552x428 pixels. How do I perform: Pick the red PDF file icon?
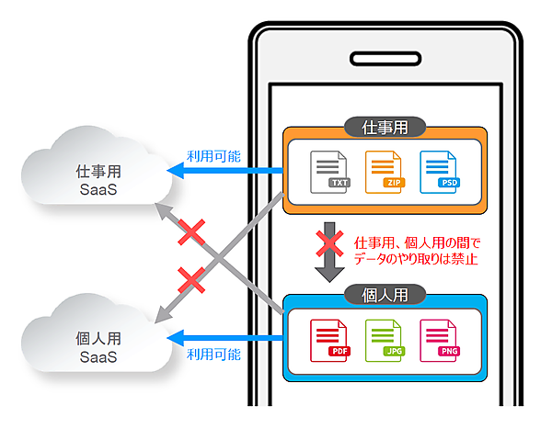[x=331, y=340]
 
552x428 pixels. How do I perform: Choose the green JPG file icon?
[x=385, y=340]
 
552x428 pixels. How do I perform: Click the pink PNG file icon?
[x=439, y=340]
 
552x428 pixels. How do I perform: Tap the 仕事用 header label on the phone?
[x=385, y=127]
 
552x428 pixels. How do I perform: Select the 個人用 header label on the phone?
[x=385, y=296]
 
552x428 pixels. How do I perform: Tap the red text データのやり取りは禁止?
[x=417, y=260]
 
